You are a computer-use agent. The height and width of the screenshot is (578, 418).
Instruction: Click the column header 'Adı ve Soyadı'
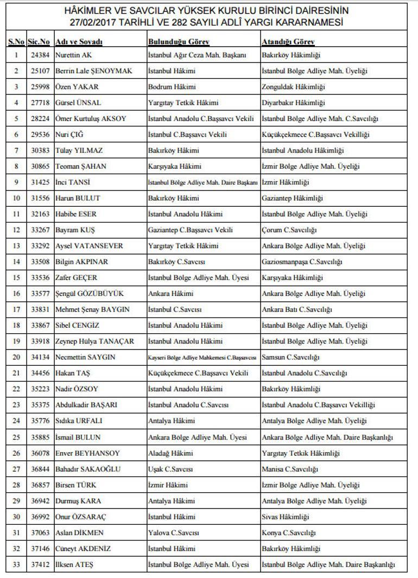(x=79, y=42)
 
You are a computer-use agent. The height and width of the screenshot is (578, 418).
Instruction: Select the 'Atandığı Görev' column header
(x=288, y=42)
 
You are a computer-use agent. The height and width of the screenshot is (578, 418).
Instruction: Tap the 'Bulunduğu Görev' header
(x=179, y=42)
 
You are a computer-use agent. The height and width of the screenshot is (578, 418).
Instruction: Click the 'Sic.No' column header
(x=39, y=42)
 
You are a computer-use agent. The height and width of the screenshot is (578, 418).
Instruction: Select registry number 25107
(x=39, y=71)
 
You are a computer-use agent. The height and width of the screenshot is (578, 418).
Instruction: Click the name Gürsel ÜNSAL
(x=78, y=103)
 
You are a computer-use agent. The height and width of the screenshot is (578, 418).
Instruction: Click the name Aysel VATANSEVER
(x=89, y=246)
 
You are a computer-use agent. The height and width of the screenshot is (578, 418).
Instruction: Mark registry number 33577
(x=39, y=294)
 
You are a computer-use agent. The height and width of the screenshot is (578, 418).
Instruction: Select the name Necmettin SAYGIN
(x=85, y=357)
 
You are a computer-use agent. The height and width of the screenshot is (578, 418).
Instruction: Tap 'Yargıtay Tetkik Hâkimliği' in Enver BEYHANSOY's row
(x=301, y=453)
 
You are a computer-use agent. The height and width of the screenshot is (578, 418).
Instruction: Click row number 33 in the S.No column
(x=16, y=565)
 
